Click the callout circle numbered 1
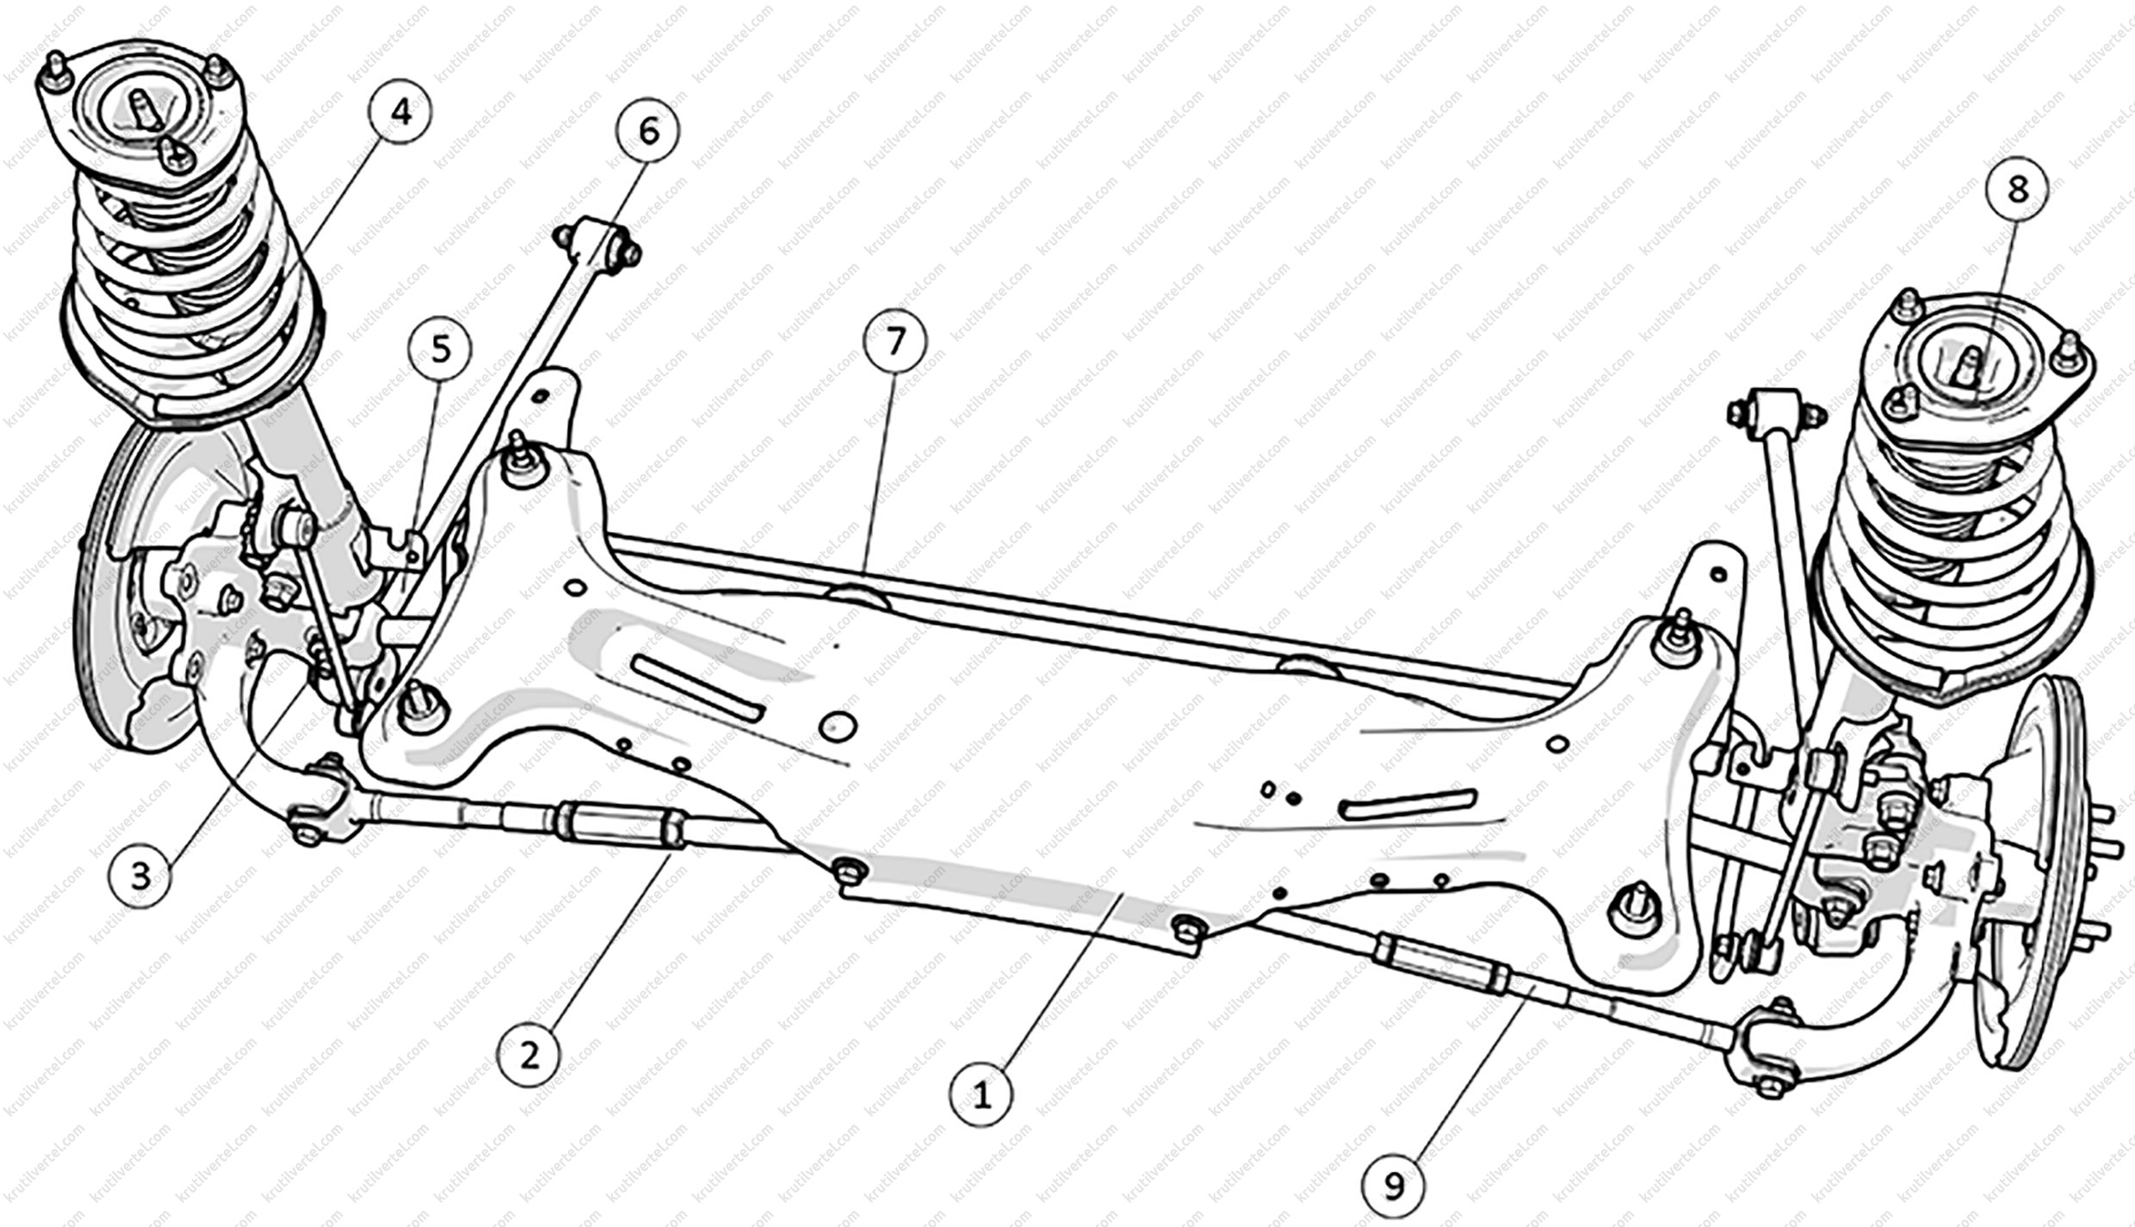[x=981, y=1095]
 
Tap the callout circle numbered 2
[x=529, y=1055]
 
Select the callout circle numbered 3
[x=141, y=877]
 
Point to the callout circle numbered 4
[x=400, y=113]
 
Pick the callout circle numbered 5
[x=440, y=350]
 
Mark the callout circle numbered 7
[x=895, y=342]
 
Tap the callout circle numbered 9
[x=1394, y=1186]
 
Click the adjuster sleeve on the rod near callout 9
[x=1442, y=964]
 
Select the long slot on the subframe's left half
[x=698, y=687]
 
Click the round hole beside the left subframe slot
[x=838, y=726]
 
